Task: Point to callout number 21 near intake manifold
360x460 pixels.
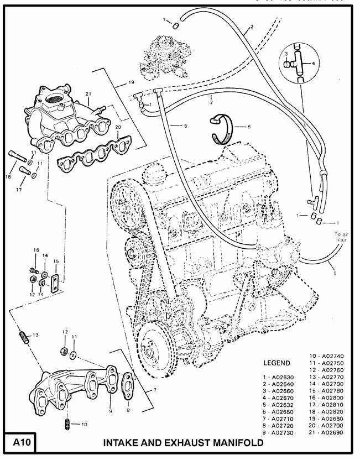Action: [x=88, y=93]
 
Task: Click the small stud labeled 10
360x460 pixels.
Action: [x=66, y=424]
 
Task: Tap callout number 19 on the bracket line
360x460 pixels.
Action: [x=131, y=82]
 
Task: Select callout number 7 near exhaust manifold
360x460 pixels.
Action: [x=155, y=390]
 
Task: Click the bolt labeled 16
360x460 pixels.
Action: [x=33, y=271]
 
